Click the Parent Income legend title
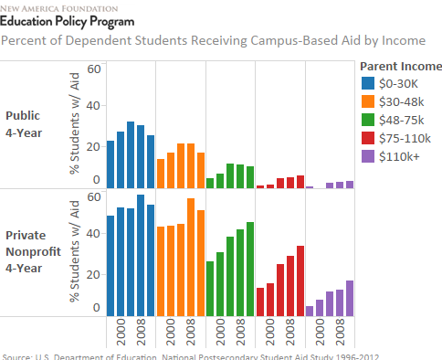(x=401, y=66)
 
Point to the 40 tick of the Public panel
(x=93, y=105)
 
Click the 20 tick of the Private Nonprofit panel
(x=93, y=274)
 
